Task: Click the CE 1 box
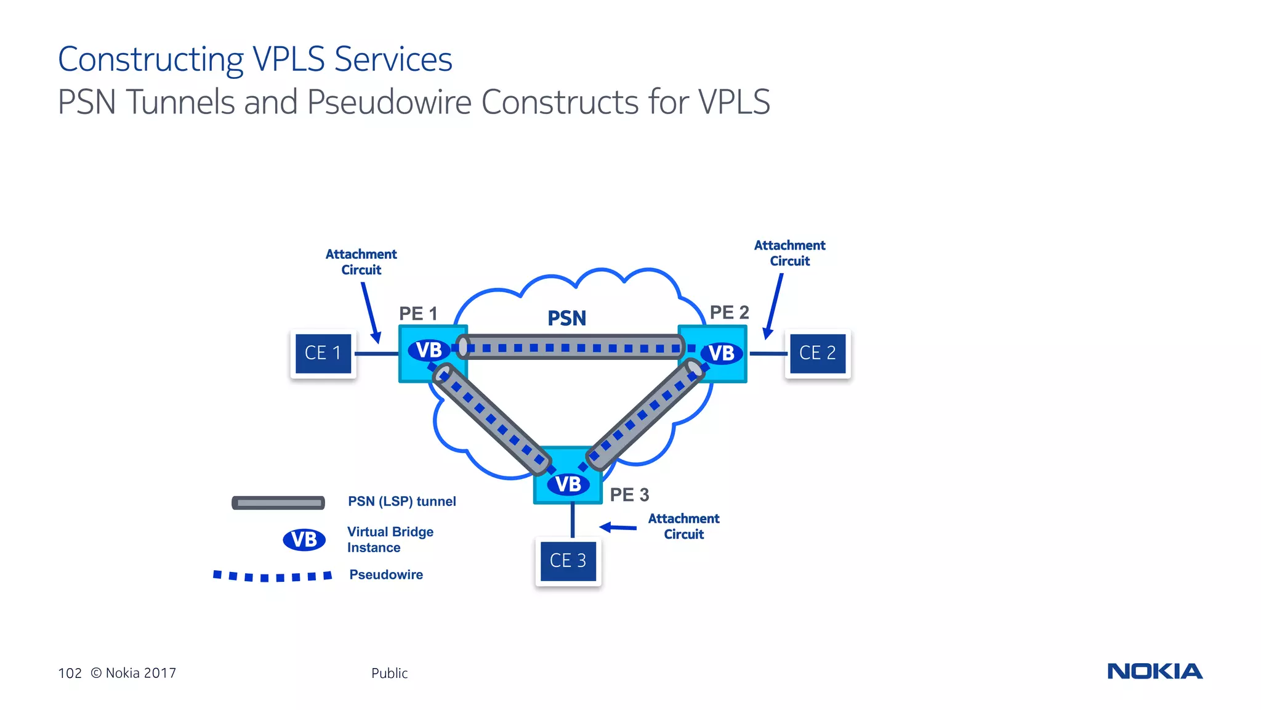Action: click(323, 353)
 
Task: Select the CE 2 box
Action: click(817, 353)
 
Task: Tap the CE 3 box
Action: click(568, 560)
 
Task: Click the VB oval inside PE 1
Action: click(429, 350)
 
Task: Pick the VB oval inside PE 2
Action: click(722, 353)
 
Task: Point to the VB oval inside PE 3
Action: click(568, 484)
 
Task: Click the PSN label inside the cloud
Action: click(566, 318)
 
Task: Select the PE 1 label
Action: click(417, 313)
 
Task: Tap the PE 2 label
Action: click(729, 312)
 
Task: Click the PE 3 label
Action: click(629, 494)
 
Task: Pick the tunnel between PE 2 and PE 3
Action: click(643, 414)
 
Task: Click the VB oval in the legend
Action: click(304, 539)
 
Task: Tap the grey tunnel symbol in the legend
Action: click(278, 503)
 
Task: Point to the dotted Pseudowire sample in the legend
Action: click(272, 576)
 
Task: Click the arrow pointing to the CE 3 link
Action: click(618, 527)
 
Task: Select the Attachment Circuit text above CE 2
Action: click(789, 253)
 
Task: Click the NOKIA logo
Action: click(1154, 671)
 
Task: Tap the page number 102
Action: click(70, 673)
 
